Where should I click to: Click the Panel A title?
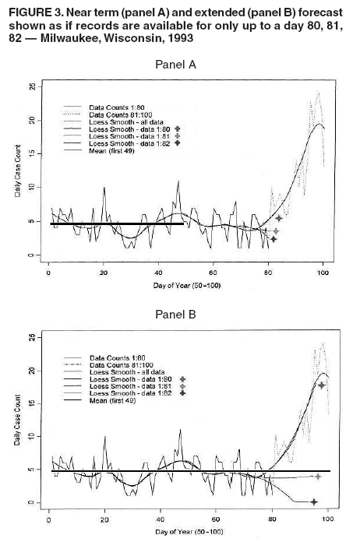(x=179, y=66)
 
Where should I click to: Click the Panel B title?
(x=179, y=316)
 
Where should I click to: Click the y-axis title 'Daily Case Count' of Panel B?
(x=18, y=427)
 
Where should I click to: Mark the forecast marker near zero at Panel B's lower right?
(x=314, y=501)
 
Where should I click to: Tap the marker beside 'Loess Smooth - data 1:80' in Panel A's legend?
(x=178, y=129)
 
